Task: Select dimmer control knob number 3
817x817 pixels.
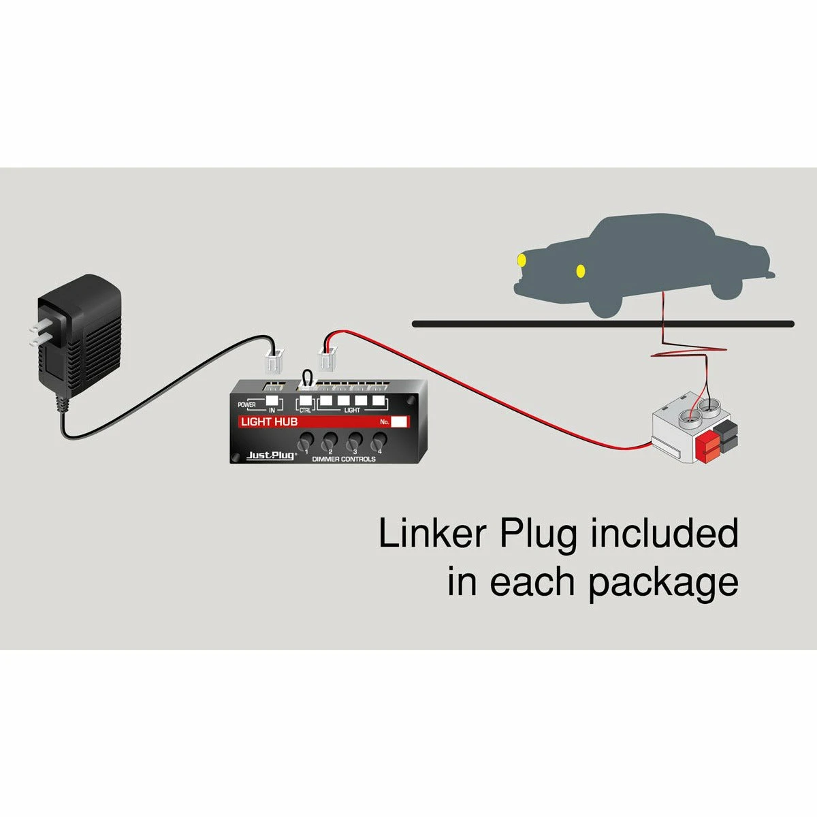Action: point(354,443)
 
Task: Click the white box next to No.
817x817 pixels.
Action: point(399,421)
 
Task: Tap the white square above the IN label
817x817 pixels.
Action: point(272,401)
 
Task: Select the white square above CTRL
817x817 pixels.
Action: point(306,401)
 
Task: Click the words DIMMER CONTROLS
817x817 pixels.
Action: point(344,460)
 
